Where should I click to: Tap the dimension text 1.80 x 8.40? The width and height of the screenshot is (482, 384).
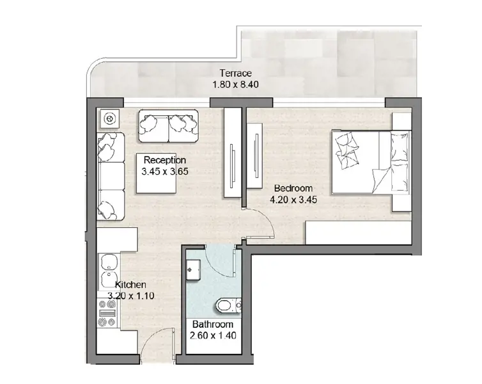pyautogui.click(x=235, y=84)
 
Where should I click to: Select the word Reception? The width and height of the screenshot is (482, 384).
pyautogui.click(x=165, y=160)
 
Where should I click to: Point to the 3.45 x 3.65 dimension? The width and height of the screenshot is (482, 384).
pyautogui.click(x=165, y=171)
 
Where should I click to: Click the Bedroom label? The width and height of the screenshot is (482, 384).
pyautogui.click(x=293, y=188)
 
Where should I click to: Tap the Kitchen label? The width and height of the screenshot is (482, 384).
pyautogui.click(x=130, y=284)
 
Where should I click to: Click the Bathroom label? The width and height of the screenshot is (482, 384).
pyautogui.click(x=212, y=324)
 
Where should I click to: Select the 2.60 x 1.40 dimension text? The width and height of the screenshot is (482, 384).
pyautogui.click(x=212, y=335)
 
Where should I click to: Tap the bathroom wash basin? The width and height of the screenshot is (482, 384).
pyautogui.click(x=192, y=270)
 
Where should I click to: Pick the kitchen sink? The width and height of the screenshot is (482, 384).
pyautogui.click(x=109, y=269)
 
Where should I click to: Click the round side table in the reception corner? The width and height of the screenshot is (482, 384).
pyautogui.click(x=109, y=119)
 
